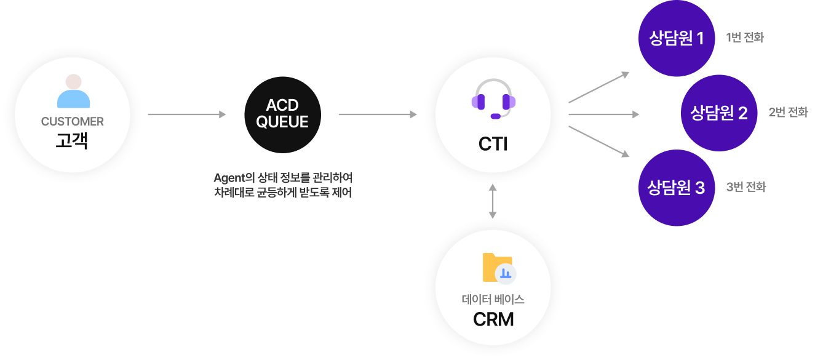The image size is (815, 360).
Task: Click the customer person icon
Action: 73,92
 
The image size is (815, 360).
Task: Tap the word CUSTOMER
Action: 73,122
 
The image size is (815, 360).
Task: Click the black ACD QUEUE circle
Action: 282,115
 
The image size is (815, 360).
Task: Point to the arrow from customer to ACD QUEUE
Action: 187,114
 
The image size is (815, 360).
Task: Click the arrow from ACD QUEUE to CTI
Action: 378,114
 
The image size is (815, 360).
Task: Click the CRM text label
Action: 493,319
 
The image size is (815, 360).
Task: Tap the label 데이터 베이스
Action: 493,300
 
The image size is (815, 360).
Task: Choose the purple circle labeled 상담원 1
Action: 677,39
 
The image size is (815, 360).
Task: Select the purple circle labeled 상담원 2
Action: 718,113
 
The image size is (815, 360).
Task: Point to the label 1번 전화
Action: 744,38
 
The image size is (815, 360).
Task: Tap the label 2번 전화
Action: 787,113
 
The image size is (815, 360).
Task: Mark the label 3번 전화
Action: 745,187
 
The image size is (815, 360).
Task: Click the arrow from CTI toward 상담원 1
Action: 599,87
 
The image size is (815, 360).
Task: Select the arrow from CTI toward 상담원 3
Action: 599,141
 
